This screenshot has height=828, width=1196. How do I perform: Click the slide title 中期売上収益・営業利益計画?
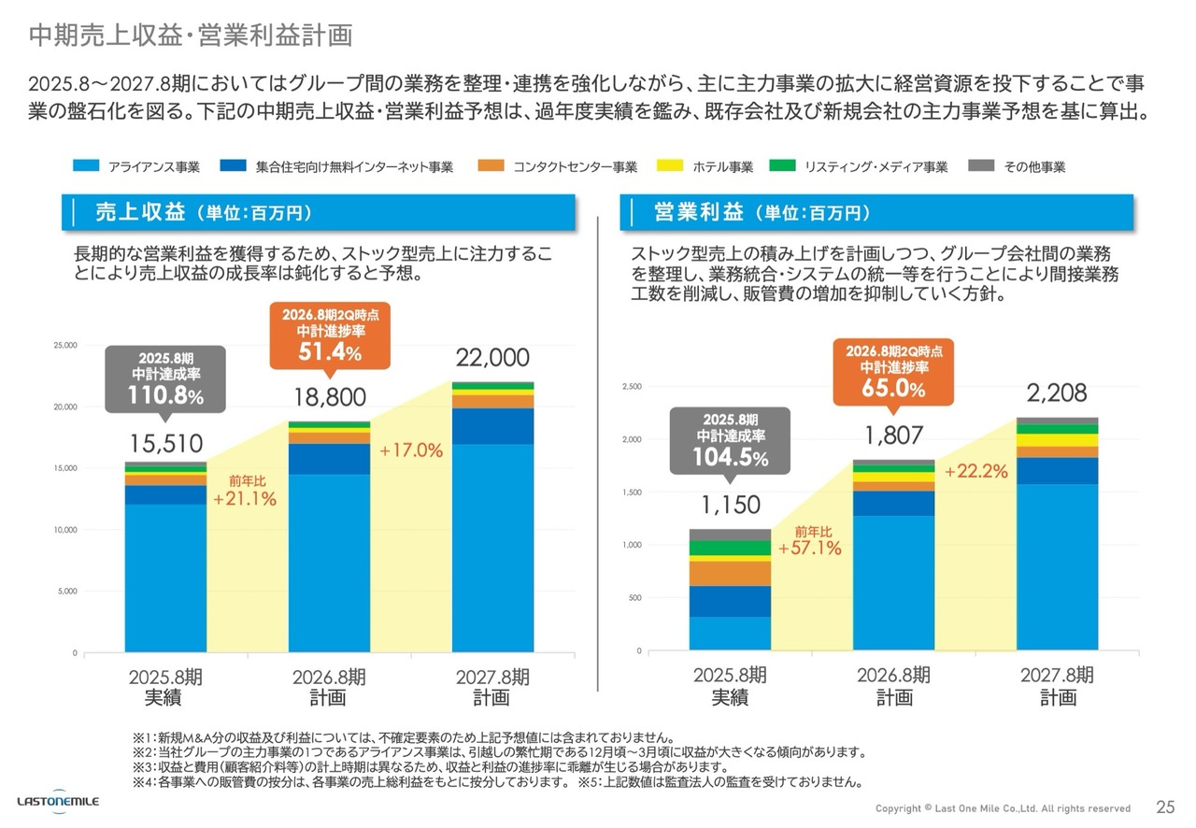click(191, 35)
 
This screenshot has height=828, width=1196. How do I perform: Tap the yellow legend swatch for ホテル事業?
click(675, 166)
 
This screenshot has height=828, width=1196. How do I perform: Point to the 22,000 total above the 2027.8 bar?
click(492, 358)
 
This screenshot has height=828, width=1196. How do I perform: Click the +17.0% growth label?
click(410, 450)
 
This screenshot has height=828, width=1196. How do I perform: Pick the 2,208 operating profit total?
click(1057, 393)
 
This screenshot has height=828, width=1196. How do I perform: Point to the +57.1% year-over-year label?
click(809, 549)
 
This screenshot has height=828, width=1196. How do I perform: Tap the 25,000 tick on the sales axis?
click(64, 346)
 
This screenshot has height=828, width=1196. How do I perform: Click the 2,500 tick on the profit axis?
click(634, 387)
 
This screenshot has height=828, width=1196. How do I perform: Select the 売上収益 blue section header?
click(318, 212)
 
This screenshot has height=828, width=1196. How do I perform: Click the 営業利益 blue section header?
click(876, 212)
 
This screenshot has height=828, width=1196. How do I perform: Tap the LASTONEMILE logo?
click(58, 802)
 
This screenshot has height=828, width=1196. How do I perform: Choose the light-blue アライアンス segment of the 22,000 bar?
click(493, 548)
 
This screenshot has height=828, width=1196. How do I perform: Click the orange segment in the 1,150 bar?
click(730, 573)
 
